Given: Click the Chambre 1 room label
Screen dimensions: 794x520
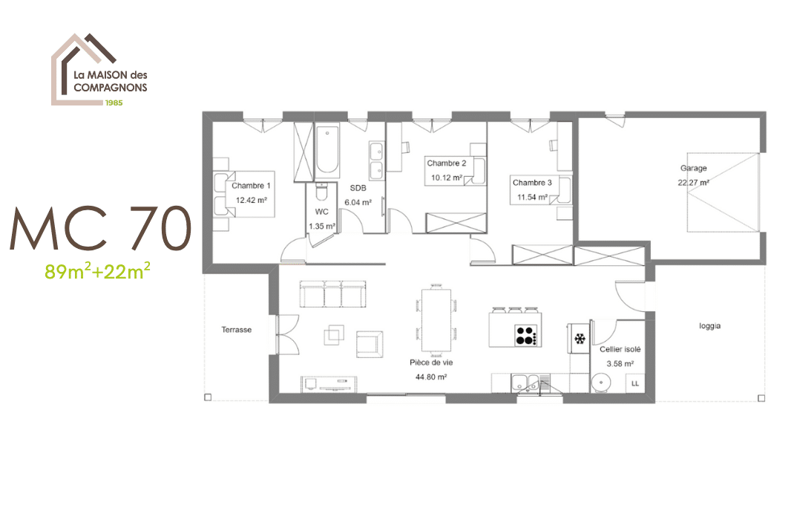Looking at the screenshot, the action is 251,186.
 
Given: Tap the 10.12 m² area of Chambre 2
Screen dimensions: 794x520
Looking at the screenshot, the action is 447,178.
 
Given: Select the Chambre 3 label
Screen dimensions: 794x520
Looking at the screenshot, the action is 532,183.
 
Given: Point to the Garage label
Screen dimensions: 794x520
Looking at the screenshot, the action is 693,169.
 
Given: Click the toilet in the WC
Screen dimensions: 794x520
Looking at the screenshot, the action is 321,192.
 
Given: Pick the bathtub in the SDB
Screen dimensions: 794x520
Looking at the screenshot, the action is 328,150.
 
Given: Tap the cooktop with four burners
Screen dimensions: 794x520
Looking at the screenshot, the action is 525,336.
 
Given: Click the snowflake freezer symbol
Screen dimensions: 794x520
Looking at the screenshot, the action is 580,338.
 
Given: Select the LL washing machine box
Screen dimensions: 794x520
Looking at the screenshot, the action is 635,383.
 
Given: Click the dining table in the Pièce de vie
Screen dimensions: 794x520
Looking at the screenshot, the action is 436,320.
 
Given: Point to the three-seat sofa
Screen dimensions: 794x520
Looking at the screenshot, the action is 332,294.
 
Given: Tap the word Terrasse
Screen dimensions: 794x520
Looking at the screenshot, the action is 237,330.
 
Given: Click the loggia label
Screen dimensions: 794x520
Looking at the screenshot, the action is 709,326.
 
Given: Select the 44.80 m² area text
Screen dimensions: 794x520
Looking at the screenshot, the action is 431,377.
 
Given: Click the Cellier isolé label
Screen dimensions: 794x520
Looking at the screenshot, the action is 620,349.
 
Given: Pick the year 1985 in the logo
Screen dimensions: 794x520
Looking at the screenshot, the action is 114,103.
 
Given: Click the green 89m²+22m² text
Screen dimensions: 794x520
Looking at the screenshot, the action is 97,272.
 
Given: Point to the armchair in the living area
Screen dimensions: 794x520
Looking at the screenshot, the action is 370,344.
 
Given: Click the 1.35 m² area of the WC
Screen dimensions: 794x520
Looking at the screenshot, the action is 322,227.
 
